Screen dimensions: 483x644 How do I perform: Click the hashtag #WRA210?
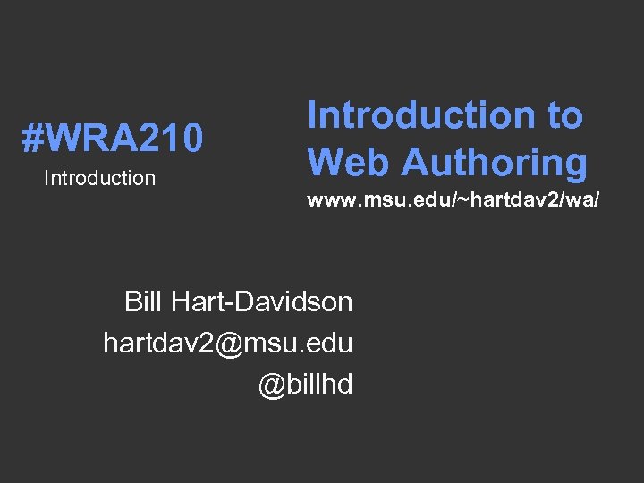coord(113,139)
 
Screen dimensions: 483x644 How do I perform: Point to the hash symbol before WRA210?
coord(33,139)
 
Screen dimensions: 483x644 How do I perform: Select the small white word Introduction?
coord(99,178)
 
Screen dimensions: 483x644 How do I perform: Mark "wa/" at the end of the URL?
coord(582,200)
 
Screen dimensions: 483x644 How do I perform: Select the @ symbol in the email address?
coord(228,343)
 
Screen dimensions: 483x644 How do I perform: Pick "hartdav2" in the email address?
coord(158,343)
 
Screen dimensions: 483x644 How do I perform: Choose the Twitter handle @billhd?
coord(306,384)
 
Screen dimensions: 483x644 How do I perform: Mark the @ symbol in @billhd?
coord(272,385)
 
